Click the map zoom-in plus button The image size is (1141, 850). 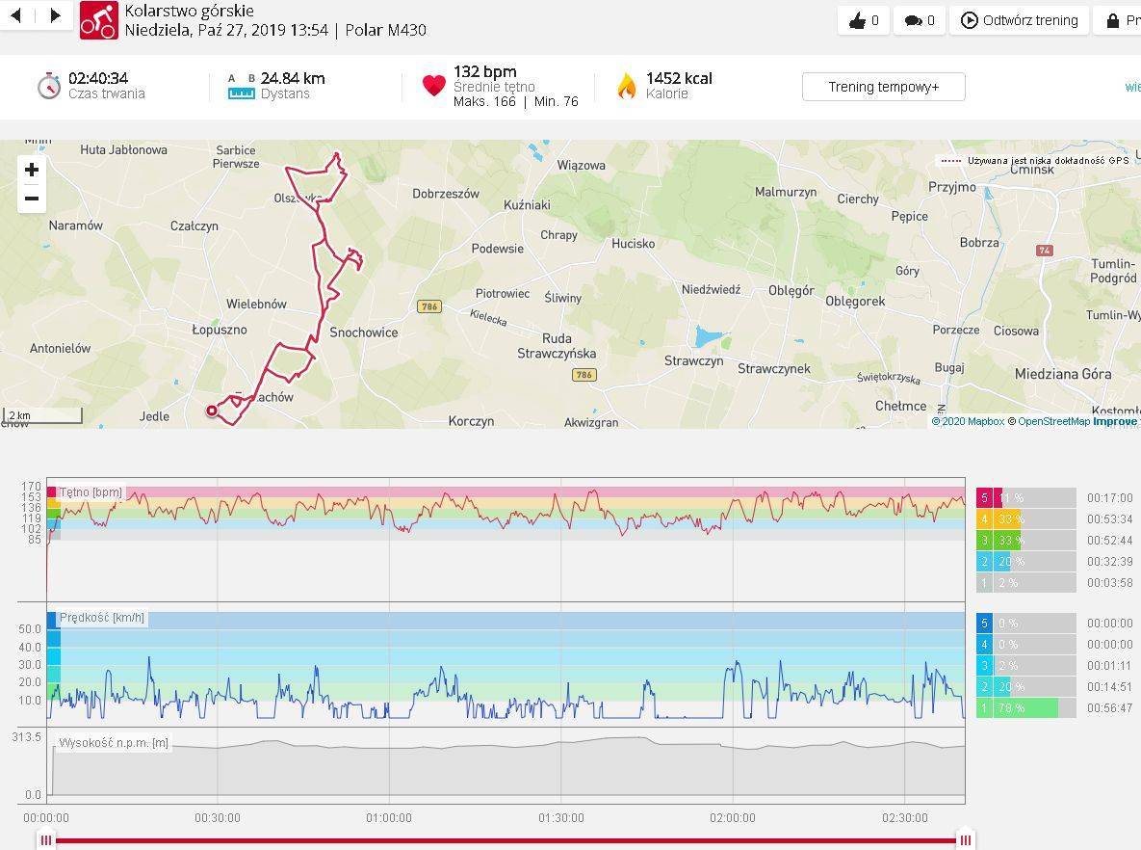32,171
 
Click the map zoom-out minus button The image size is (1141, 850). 32,199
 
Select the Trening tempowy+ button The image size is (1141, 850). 883,87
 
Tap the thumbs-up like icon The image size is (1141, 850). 857,20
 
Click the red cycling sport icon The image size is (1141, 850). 98,20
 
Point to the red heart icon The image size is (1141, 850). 433,86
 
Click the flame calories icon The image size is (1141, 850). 627,87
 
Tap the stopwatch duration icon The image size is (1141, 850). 49,86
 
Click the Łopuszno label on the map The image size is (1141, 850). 220,330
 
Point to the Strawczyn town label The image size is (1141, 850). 693,360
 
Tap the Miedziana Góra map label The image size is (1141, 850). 1063,374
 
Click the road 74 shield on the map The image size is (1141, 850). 1045,251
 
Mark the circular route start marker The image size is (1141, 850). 212,412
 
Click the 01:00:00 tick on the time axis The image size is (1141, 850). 389,817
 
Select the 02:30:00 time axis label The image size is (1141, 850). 905,817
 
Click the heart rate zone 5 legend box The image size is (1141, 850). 984,498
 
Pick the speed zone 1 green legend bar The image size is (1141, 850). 1025,708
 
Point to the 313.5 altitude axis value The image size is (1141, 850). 26,737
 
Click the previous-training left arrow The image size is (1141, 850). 16,15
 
